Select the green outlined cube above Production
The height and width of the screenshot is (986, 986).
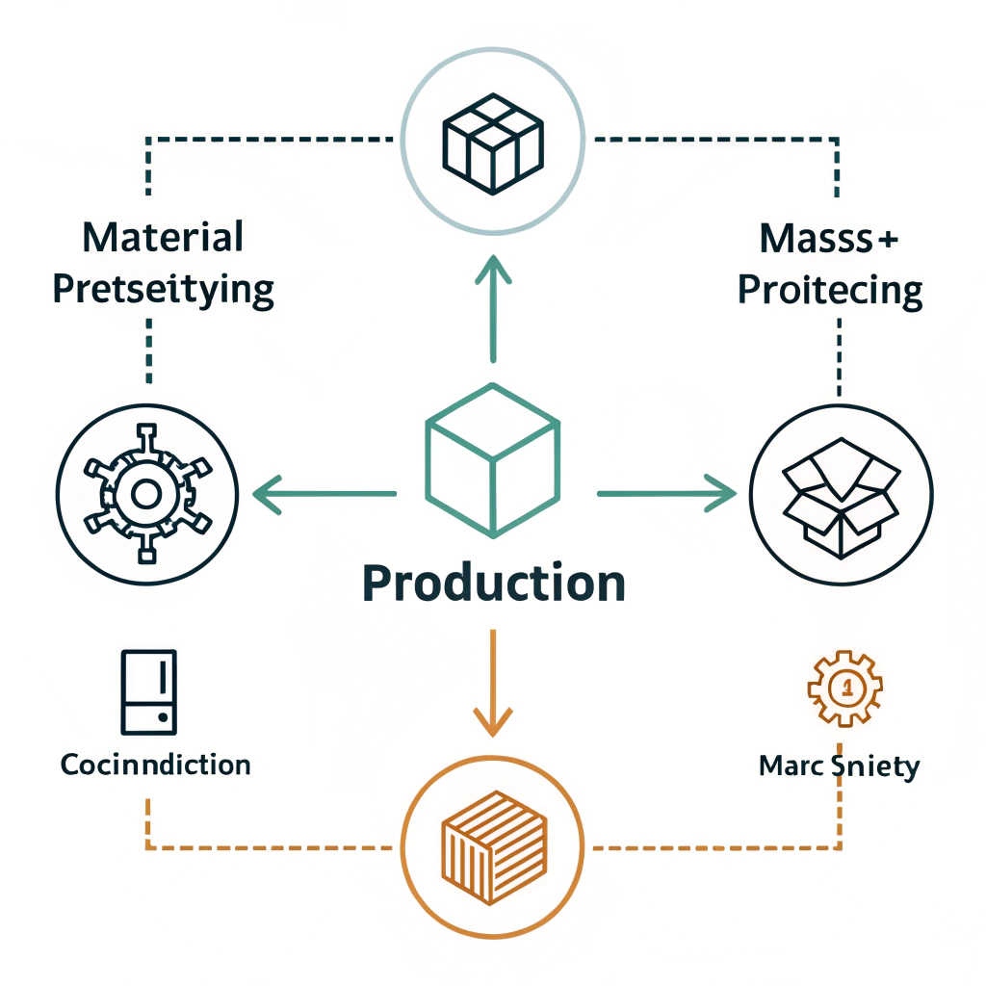pyautogui.click(x=492, y=461)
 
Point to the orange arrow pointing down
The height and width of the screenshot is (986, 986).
pyautogui.click(x=492, y=683)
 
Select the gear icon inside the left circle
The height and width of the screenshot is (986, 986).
pyautogui.click(x=144, y=495)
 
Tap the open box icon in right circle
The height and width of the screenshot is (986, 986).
pyautogui.click(x=841, y=495)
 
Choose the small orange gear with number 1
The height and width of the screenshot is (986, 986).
pyautogui.click(x=843, y=688)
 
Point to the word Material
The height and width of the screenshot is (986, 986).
pyautogui.click(x=163, y=238)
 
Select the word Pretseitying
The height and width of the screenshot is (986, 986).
pyautogui.click(x=163, y=289)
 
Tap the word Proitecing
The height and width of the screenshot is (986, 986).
pyautogui.click(x=830, y=290)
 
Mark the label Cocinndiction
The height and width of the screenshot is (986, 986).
pyautogui.click(x=155, y=765)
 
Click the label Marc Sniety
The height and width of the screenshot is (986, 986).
pyautogui.click(x=839, y=766)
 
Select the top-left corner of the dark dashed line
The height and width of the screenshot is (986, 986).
pyautogui.click(x=148, y=141)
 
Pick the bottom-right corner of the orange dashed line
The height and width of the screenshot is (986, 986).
pyautogui.click(x=839, y=848)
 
